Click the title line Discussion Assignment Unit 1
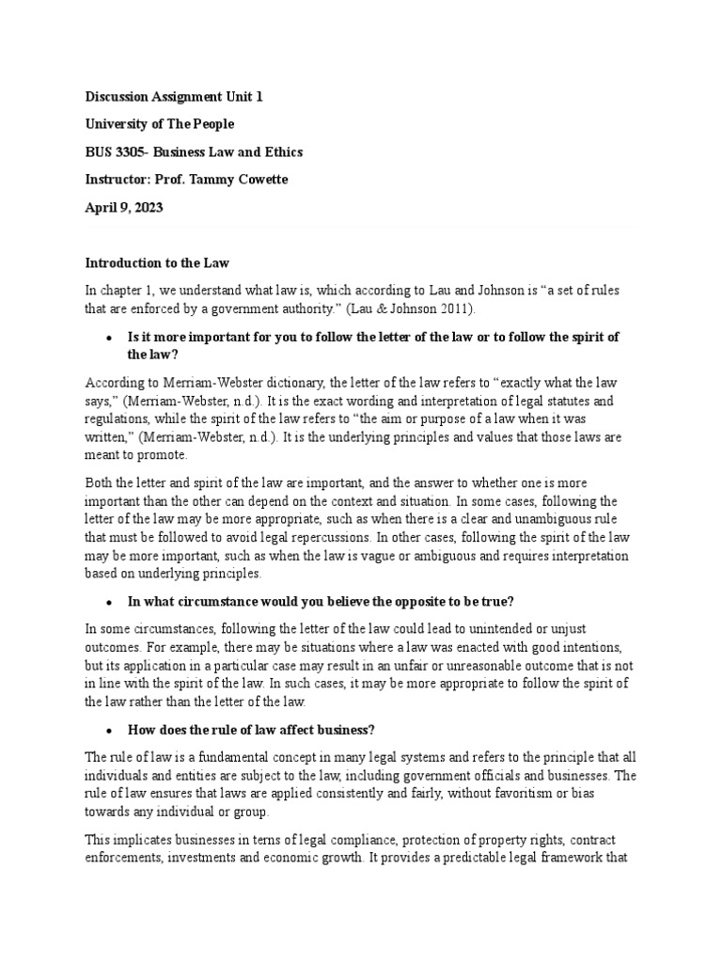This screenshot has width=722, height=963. coord(168,97)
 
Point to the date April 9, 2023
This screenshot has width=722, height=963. coord(124,209)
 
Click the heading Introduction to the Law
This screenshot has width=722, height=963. coord(157,263)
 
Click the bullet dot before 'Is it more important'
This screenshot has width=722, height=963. coord(110,338)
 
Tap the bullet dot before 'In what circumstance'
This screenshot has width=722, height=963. coord(110,601)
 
